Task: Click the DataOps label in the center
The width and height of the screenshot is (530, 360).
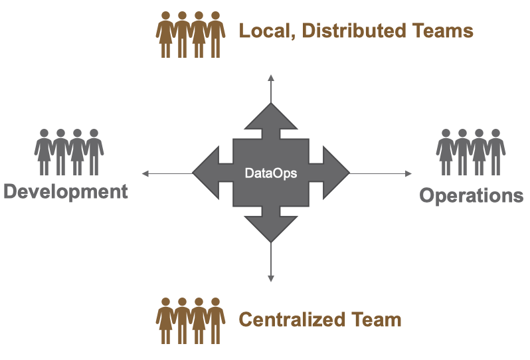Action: point(270,174)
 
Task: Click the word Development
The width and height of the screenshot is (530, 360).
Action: point(65,192)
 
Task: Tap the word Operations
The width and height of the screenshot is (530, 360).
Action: point(471,195)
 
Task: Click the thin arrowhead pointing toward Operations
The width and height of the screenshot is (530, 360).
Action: point(408,174)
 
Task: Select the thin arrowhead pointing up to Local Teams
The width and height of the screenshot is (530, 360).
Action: point(270,78)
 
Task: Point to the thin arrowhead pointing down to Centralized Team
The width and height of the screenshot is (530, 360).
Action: point(270,277)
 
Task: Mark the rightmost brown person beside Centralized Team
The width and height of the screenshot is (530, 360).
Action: point(215,320)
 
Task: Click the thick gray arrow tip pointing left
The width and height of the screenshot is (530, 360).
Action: point(197,174)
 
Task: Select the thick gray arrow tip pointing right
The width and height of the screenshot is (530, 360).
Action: point(345,174)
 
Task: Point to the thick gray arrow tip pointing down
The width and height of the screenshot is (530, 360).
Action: point(270,238)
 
